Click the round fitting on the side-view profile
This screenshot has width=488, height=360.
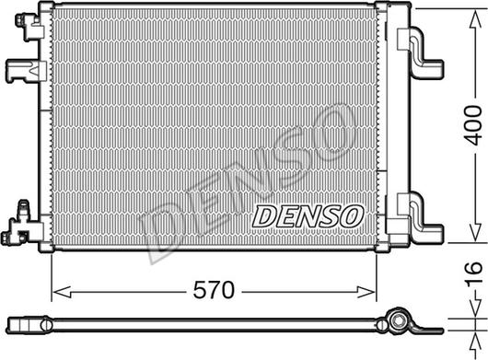point(399,323)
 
